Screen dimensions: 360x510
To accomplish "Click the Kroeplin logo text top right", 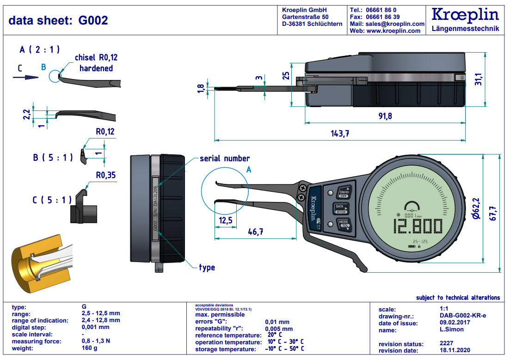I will (x=465, y=15).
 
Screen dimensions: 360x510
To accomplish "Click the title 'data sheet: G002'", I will (x=58, y=20).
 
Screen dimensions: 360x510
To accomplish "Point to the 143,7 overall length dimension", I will (x=339, y=134).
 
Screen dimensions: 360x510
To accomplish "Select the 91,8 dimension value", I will (x=384, y=116).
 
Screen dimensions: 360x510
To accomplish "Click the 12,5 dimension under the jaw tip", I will (x=226, y=220).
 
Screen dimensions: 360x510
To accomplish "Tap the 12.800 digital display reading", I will (x=417, y=227).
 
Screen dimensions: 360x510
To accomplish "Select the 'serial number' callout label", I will (x=225, y=159).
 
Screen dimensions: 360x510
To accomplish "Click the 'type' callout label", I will (x=207, y=268).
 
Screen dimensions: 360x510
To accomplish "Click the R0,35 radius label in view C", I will (x=105, y=175).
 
